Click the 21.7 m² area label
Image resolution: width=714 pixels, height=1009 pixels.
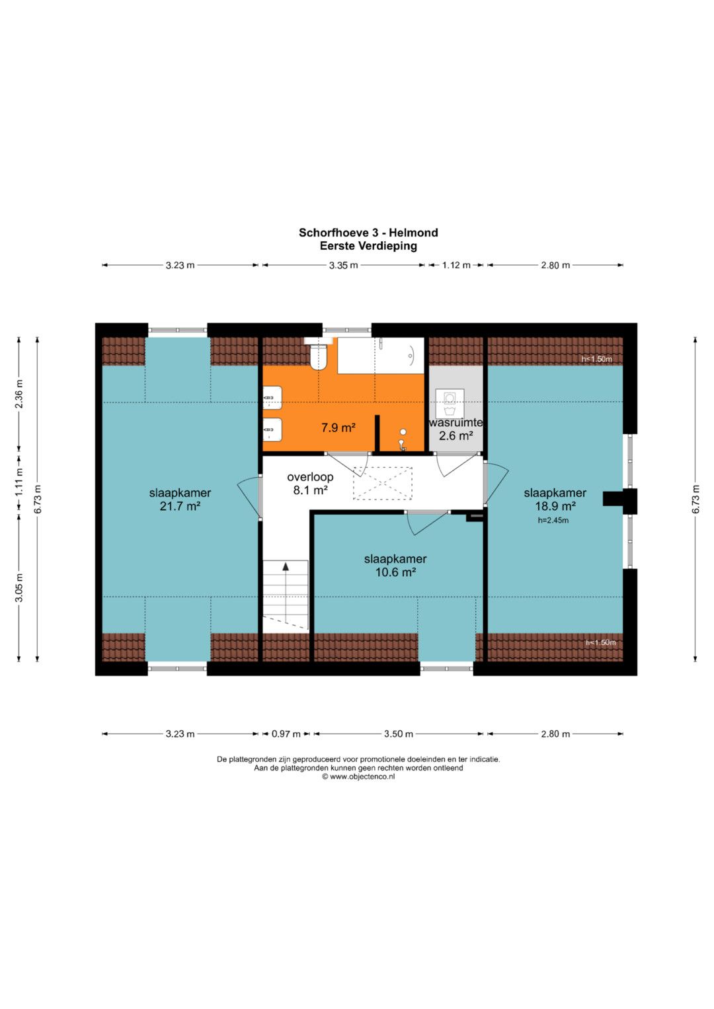180,506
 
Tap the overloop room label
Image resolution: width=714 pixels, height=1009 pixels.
310,476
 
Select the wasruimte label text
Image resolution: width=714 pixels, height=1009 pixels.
456,423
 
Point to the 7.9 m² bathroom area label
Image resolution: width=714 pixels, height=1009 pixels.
338,428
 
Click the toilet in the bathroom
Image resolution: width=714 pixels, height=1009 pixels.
318,356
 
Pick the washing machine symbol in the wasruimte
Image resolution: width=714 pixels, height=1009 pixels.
450,403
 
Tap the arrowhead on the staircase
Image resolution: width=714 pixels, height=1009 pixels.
286,566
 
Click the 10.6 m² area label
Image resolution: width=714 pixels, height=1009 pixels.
395,572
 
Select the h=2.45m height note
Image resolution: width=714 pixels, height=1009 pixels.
553,521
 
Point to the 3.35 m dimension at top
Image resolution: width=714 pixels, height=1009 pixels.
344,266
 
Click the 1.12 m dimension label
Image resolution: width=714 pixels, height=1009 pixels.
456,266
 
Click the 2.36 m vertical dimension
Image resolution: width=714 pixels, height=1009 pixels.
19,394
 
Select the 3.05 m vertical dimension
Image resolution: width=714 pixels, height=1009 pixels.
19,587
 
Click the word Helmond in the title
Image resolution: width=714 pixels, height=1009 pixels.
413,233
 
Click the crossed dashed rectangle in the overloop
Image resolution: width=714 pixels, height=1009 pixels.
383,483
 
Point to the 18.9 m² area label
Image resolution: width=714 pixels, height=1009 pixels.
555,506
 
